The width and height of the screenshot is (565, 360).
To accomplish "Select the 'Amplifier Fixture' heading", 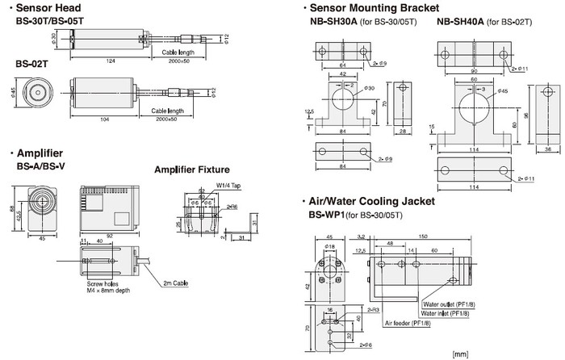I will tap(192, 170).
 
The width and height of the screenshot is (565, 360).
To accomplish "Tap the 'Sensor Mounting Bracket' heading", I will tap(372, 7).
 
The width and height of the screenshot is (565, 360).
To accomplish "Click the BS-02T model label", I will tap(31, 63).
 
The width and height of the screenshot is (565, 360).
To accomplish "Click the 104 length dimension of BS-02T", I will tap(107, 118).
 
